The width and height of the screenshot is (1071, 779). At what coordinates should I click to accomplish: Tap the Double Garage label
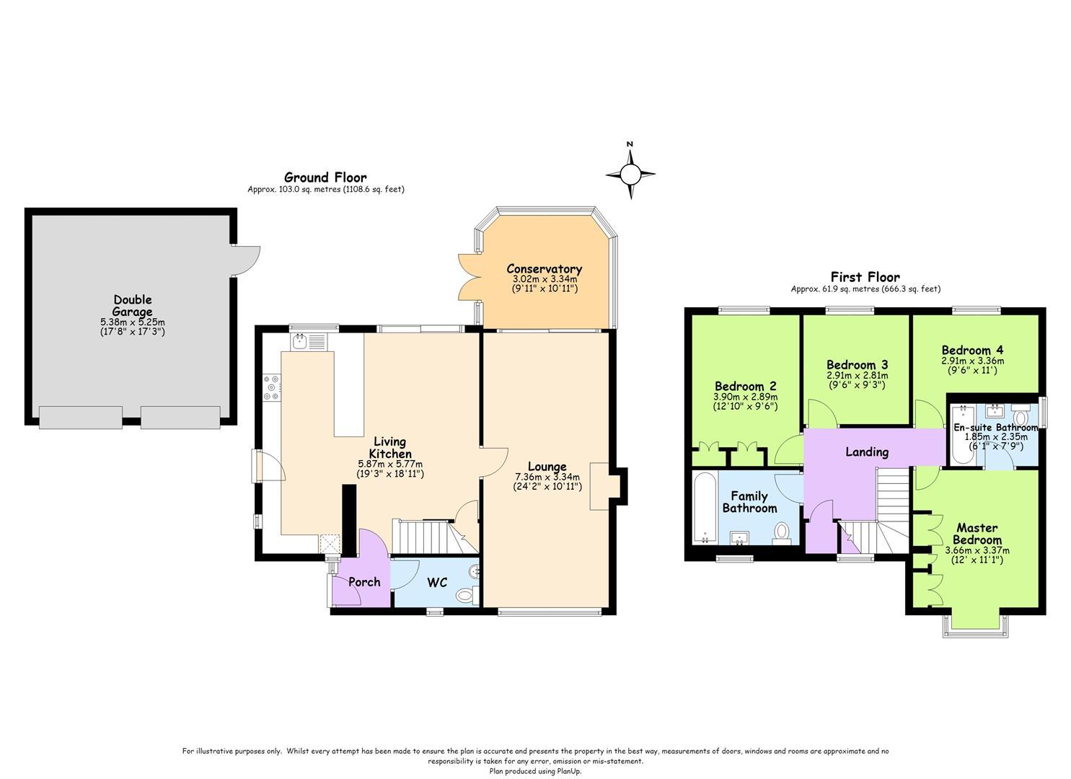tap(133, 306)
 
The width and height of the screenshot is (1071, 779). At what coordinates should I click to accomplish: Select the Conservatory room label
tap(544, 269)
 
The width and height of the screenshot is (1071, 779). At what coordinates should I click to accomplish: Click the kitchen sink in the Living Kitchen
tap(301, 341)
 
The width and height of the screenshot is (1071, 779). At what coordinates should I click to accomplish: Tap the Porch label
tap(364, 582)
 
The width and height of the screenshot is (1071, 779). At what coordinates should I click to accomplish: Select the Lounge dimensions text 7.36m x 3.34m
tap(547, 477)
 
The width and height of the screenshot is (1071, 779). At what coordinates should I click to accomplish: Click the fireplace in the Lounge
tap(599, 486)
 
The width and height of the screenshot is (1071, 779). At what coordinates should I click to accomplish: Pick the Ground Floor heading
tap(325, 178)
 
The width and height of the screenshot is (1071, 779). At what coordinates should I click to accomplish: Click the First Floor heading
tap(865, 277)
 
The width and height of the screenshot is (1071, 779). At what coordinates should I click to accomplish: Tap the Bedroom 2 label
tap(746, 386)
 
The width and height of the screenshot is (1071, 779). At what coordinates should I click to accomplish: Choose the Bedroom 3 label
tap(857, 365)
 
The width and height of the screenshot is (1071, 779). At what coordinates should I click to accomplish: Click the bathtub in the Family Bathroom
tap(705, 508)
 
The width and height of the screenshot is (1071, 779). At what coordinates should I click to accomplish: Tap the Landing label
tap(867, 452)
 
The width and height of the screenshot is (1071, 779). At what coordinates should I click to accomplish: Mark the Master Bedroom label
tap(977, 534)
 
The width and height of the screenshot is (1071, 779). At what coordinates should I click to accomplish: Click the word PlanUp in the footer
tap(570, 771)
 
